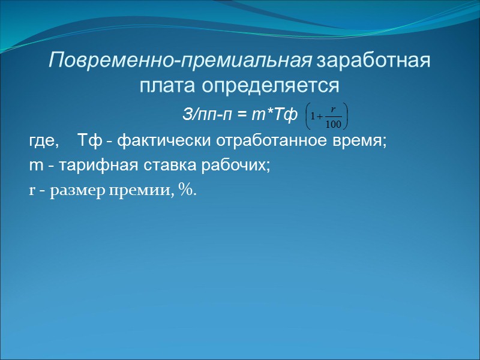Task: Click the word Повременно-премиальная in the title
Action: [x=180, y=62]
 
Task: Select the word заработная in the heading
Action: [x=373, y=62]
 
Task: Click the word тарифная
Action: [x=88, y=166]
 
